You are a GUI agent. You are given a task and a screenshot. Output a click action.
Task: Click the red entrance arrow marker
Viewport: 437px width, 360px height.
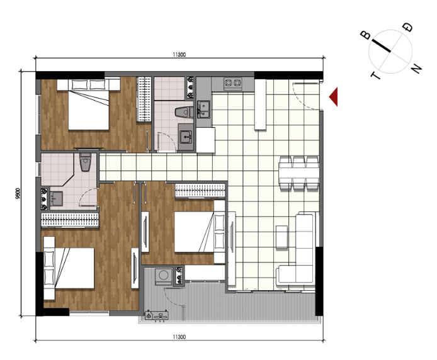coord(334,97)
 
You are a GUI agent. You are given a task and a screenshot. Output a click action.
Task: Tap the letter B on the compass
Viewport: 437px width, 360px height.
coord(365,35)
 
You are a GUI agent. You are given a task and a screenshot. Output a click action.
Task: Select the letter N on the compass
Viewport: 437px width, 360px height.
coord(416,68)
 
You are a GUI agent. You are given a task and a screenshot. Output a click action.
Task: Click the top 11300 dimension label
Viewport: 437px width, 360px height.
coord(179,55)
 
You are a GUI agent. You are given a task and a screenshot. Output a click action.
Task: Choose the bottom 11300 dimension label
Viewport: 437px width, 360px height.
coord(179,337)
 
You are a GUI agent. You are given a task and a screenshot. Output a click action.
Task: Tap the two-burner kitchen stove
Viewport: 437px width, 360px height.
coord(233,82)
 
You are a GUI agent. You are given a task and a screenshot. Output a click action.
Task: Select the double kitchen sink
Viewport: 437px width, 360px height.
coord(204,110)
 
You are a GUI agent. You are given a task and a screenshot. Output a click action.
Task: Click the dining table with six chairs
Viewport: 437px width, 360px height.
coord(298,173)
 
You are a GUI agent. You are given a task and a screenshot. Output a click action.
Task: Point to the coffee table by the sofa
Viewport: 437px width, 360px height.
coord(281,237)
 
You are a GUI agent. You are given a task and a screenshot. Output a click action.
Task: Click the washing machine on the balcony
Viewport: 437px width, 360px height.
coord(163,276)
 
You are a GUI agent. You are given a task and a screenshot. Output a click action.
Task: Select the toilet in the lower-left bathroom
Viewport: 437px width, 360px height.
coord(85,162)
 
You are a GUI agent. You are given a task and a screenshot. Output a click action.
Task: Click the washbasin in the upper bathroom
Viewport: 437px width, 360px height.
coord(186,137)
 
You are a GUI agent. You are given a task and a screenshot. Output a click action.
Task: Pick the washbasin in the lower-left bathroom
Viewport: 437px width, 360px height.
coord(56,198)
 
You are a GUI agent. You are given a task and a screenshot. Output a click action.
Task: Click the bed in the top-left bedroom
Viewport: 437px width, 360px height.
coord(89,104)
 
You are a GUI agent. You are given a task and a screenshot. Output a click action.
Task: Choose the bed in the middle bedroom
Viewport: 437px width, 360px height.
coord(200,232)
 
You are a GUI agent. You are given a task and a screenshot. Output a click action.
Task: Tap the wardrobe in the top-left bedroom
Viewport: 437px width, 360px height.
coord(144,99)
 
